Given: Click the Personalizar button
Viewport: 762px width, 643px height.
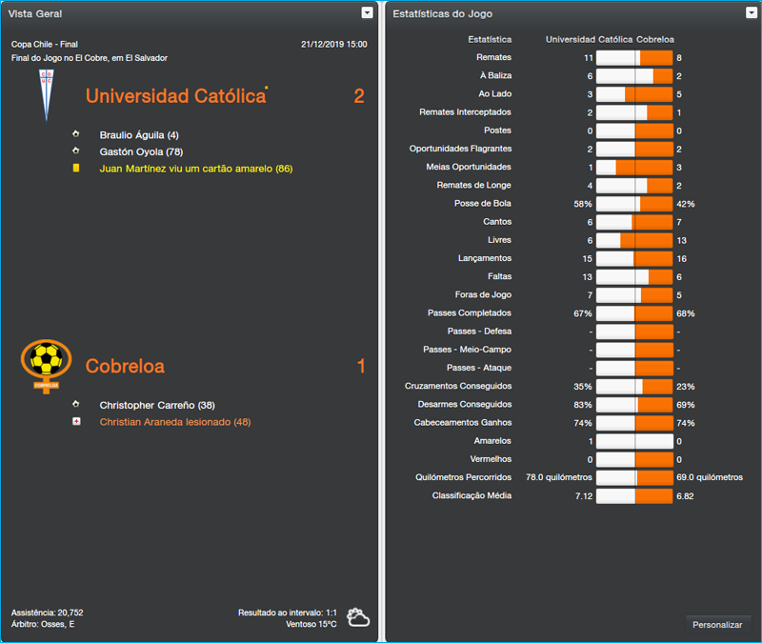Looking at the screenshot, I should click(717, 624).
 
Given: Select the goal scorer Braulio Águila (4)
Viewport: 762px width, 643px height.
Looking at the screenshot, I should click(139, 135).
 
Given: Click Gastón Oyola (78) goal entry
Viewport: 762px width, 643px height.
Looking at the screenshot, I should click(141, 151).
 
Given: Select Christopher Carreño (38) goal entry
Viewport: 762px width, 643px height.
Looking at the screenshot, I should click(157, 405).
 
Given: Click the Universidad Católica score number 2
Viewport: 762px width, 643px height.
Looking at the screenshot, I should click(359, 96).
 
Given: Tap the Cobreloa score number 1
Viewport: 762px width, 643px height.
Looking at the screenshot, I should click(361, 367).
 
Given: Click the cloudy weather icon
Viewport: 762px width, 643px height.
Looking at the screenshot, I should click(358, 617).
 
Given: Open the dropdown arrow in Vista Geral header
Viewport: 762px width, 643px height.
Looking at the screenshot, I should click(368, 13).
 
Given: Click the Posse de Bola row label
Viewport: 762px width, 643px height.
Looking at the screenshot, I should click(483, 204).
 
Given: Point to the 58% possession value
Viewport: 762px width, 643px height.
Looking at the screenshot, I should click(582, 204).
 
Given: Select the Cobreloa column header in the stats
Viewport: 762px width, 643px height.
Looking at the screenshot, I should click(655, 40).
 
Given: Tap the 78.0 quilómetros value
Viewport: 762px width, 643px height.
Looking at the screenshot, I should click(559, 477).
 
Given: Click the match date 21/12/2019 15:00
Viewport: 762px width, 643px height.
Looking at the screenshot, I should click(333, 44).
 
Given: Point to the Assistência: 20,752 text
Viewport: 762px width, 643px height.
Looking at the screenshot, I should click(48, 613).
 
